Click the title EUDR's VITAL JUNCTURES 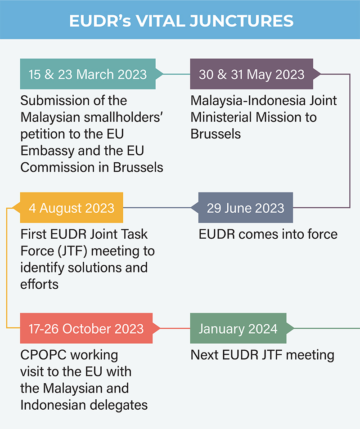click(180, 20)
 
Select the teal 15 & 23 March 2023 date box click(87, 74)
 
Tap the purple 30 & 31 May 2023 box click(252, 74)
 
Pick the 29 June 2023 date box click(245, 208)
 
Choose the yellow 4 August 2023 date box click(72, 208)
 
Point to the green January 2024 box click(238, 328)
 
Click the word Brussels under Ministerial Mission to click(216, 134)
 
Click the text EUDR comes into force click(268, 234)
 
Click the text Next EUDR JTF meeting click(262, 355)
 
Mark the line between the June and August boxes click(157, 208)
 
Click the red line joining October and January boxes click(175, 328)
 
